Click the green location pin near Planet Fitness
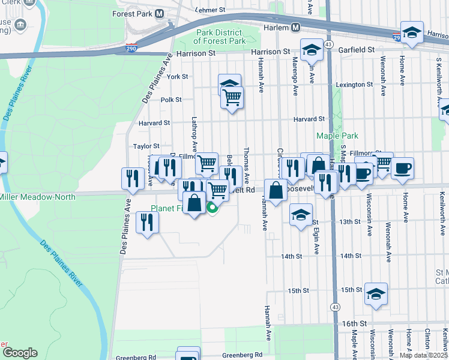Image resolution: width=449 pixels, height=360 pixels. [x=212, y=208]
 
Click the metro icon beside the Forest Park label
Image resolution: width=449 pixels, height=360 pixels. [x=160, y=13]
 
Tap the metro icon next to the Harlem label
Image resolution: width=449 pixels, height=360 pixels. [x=295, y=28]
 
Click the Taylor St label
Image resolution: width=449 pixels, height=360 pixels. [x=146, y=146]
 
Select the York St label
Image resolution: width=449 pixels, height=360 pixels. [x=178, y=77]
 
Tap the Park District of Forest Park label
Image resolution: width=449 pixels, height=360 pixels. [x=220, y=37]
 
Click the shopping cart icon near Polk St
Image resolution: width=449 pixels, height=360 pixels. [x=232, y=97]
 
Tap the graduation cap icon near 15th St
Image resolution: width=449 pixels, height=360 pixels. [x=376, y=293]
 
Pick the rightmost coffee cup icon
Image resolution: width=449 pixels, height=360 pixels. [x=402, y=167]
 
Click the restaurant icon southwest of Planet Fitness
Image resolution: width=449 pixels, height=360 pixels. [x=146, y=222]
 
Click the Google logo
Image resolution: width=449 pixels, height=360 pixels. [x=19, y=353]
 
